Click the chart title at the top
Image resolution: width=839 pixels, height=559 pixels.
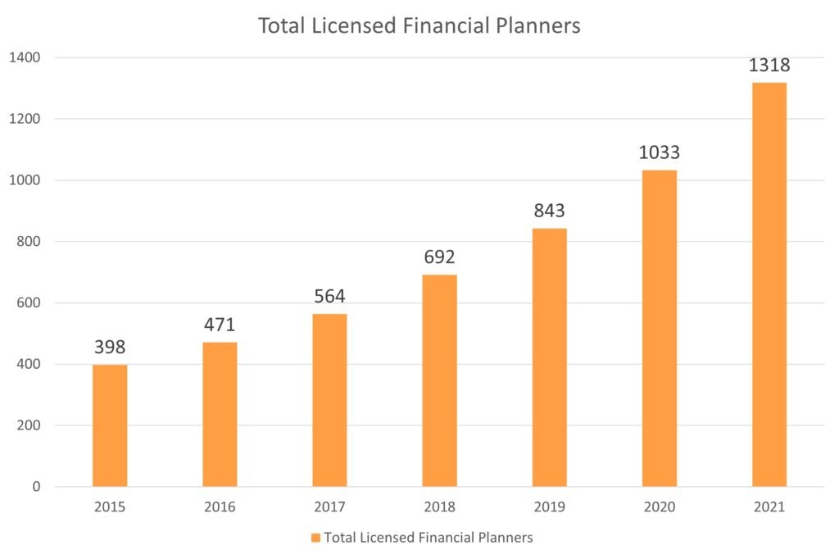[x=419, y=26]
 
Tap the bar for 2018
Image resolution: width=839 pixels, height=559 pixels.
[x=439, y=380]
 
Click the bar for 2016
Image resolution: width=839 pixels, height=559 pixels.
[x=220, y=414]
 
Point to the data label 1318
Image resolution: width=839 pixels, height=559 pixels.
[x=769, y=66]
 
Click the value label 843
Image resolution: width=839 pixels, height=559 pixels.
[x=549, y=211]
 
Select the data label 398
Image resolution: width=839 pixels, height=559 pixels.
[x=110, y=347]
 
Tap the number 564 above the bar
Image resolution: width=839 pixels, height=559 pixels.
[x=329, y=296]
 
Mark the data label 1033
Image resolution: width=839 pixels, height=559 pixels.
[x=659, y=152]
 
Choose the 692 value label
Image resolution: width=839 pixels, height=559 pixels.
[x=439, y=257]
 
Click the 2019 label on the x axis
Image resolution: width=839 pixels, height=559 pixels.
[x=549, y=507]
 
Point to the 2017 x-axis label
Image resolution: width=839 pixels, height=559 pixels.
[x=329, y=507]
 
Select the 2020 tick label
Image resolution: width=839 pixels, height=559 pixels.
[x=659, y=507]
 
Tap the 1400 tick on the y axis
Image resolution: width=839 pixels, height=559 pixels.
[x=26, y=57]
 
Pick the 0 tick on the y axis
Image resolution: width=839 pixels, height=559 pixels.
[x=37, y=487]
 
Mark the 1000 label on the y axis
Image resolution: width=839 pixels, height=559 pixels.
[x=26, y=180]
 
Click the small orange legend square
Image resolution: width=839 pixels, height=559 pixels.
[x=315, y=538]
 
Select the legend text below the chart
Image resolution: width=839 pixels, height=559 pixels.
[x=429, y=538]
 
